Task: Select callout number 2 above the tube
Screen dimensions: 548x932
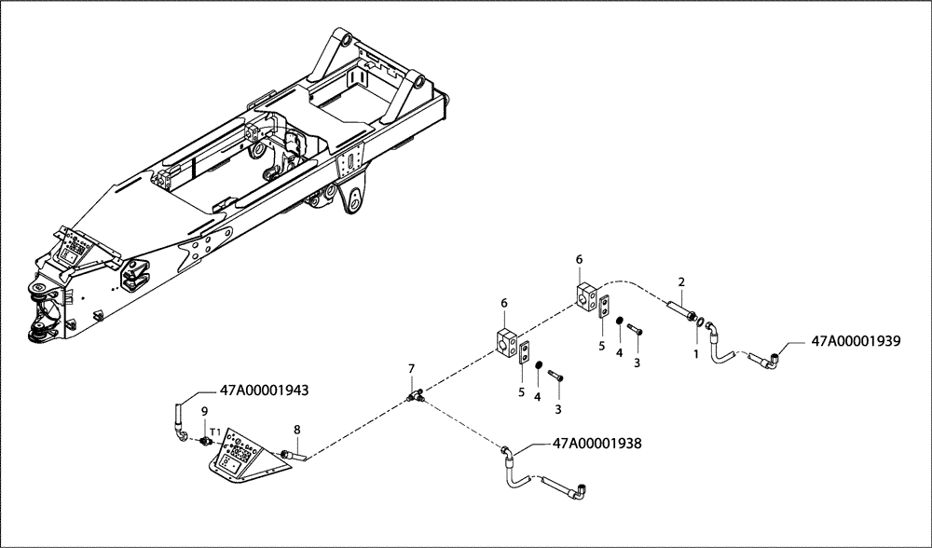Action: tap(681, 281)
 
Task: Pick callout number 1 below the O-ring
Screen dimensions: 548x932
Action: tap(693, 354)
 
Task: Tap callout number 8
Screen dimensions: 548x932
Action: tap(297, 430)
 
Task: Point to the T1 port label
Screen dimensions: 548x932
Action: tap(214, 432)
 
